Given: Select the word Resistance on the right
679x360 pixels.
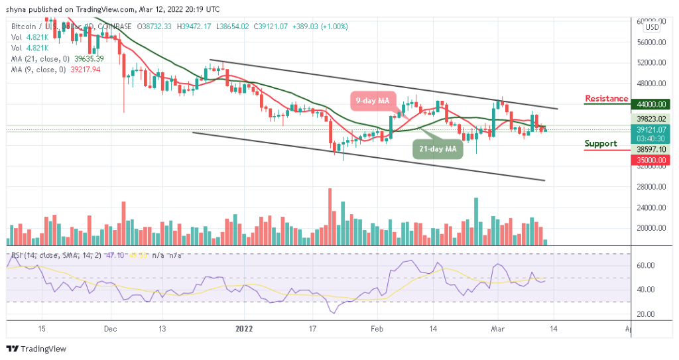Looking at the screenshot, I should [606, 99].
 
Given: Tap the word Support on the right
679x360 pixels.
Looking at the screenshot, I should [601, 144].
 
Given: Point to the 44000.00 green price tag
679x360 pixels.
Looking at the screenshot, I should [650, 105].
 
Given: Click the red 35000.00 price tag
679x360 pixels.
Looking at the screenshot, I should [650, 160].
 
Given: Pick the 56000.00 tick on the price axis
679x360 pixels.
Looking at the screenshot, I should [650, 42].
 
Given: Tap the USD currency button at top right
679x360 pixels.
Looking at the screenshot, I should [652, 27].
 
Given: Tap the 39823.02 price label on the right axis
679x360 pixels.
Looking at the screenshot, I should [650, 120].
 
